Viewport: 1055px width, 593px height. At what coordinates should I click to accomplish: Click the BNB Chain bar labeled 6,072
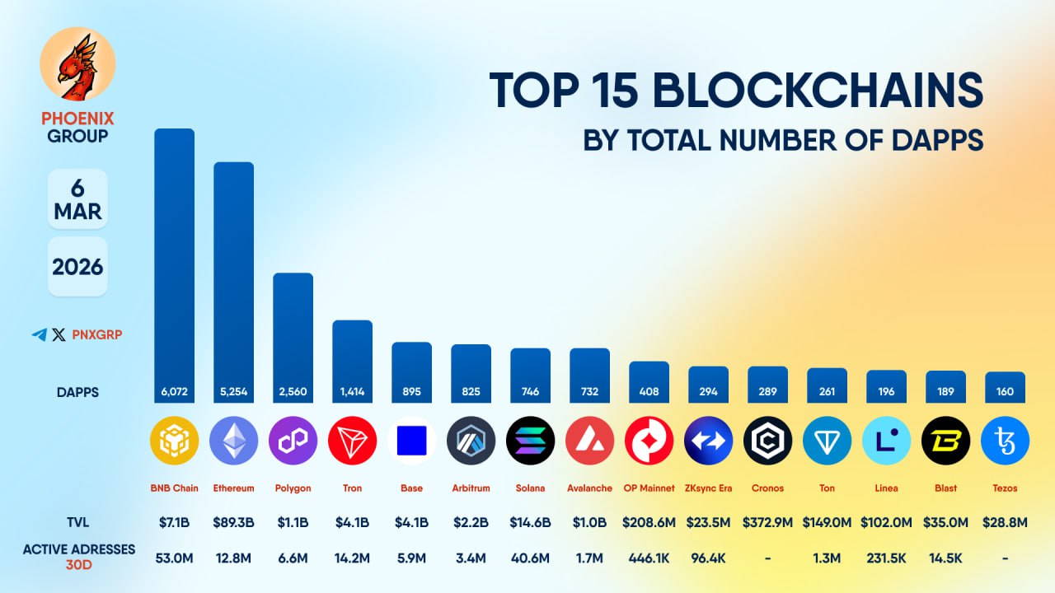tap(175, 264)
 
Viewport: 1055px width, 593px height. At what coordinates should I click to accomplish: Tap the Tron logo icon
tap(352, 441)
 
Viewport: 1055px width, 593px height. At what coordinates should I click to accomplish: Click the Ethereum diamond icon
tap(233, 441)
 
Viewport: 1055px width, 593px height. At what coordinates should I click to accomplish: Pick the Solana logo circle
tap(530, 441)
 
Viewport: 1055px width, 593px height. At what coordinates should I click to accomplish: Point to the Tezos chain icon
tap(1005, 441)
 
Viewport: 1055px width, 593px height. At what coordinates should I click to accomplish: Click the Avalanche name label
tap(589, 488)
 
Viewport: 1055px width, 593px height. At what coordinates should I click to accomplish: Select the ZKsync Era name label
tap(708, 488)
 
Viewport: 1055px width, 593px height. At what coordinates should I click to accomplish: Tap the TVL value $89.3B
tap(233, 521)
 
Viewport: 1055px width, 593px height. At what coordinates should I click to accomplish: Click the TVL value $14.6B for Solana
tap(530, 521)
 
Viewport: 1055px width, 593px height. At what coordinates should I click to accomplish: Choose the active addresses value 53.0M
tap(174, 558)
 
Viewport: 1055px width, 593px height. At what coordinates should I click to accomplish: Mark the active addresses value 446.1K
tap(649, 558)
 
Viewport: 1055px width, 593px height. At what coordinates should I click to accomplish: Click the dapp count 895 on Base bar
tap(411, 391)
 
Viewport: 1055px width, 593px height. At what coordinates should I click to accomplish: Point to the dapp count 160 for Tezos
tap(1005, 391)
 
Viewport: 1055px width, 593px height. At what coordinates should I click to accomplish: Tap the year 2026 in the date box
tap(77, 267)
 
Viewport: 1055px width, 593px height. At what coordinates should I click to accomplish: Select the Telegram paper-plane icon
tap(39, 335)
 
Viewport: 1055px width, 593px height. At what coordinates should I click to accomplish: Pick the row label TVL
tap(77, 521)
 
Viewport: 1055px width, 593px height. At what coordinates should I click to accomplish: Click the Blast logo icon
tap(945, 441)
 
